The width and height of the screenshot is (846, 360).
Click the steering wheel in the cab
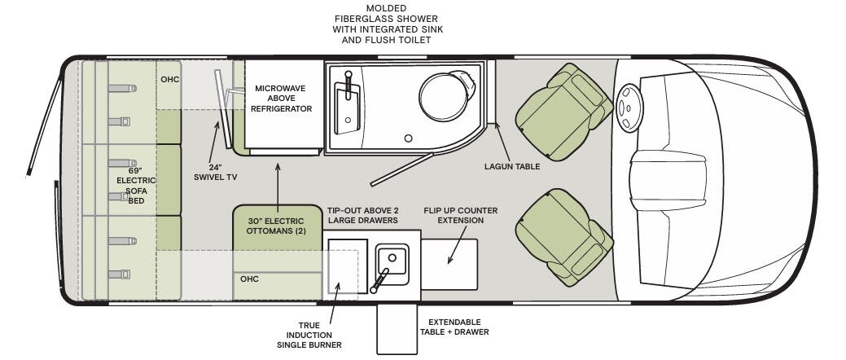tap(629, 110)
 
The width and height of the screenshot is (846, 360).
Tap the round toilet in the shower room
tap(446, 93)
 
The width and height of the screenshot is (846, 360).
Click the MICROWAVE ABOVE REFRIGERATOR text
tap(283, 99)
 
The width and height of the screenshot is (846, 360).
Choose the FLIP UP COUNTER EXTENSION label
tap(460, 215)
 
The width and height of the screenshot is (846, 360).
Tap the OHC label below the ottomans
tap(249, 279)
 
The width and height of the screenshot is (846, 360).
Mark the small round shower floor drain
tap(409, 138)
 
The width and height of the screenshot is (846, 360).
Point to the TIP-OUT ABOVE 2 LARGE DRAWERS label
tap(362, 215)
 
